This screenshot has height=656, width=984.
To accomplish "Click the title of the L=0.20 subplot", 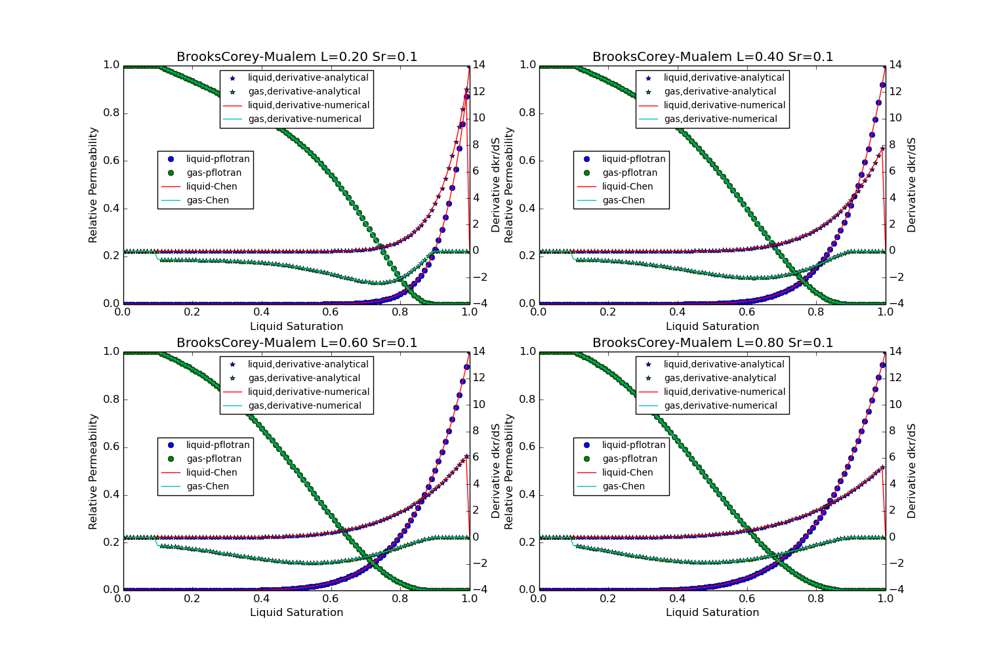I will pos(297,57).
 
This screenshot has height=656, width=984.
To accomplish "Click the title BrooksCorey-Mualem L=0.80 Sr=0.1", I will pos(712,343).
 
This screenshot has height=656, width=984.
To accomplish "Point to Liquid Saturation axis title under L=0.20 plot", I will pos(297,326).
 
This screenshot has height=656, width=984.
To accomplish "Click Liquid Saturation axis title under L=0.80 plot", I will pos(712,612).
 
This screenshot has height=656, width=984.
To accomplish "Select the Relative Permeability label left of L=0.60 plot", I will pos(93,471).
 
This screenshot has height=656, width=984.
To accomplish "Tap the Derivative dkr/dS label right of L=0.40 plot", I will pos(912,185).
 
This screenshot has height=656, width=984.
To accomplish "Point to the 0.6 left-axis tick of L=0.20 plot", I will pos(111,161).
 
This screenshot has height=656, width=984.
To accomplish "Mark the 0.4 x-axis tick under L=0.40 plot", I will pos(678,312).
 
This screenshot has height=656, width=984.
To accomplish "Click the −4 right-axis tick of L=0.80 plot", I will pos(894,590).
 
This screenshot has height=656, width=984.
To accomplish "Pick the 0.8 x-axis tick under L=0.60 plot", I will pos(400,598).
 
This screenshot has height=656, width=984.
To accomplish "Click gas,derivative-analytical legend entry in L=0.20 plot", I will pos(304,91).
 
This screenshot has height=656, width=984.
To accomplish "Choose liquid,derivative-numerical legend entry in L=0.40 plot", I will pos(724,105).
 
